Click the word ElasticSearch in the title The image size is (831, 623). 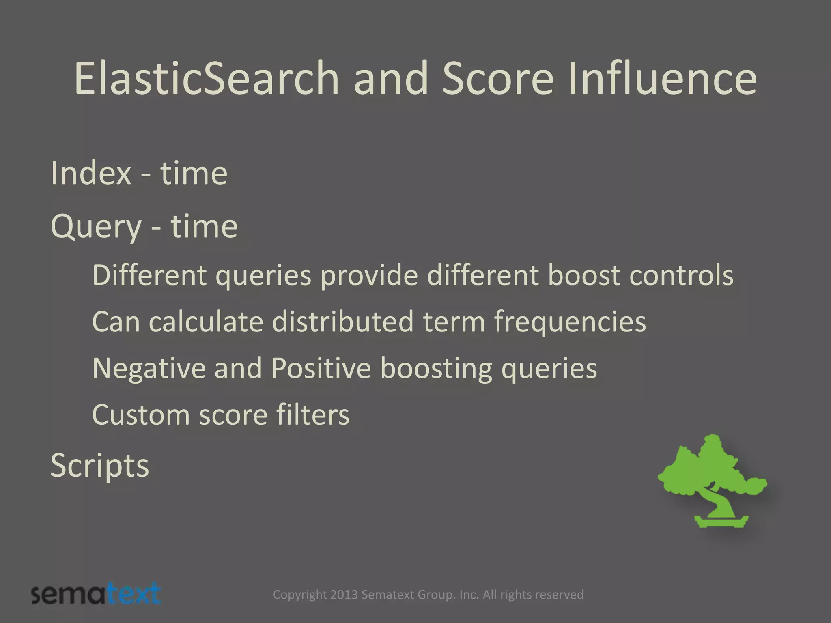coord(206,78)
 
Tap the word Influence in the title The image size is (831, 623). coord(662,78)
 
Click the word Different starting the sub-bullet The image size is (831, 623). coord(149,275)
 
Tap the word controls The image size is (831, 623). coord(681,275)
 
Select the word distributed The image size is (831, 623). coord(343,322)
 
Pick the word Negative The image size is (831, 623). coord(149,368)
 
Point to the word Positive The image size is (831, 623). coord(321,368)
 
